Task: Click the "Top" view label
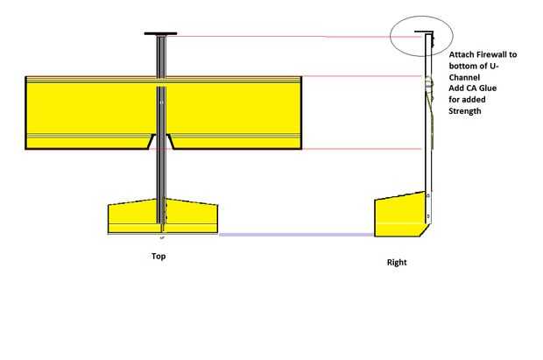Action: point(158,257)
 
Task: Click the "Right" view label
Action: point(397,263)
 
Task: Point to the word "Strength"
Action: point(465,111)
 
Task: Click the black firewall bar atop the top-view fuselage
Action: point(161,35)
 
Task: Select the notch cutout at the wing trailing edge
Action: point(161,141)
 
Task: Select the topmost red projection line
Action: point(280,37)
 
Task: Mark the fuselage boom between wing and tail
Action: point(161,175)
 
